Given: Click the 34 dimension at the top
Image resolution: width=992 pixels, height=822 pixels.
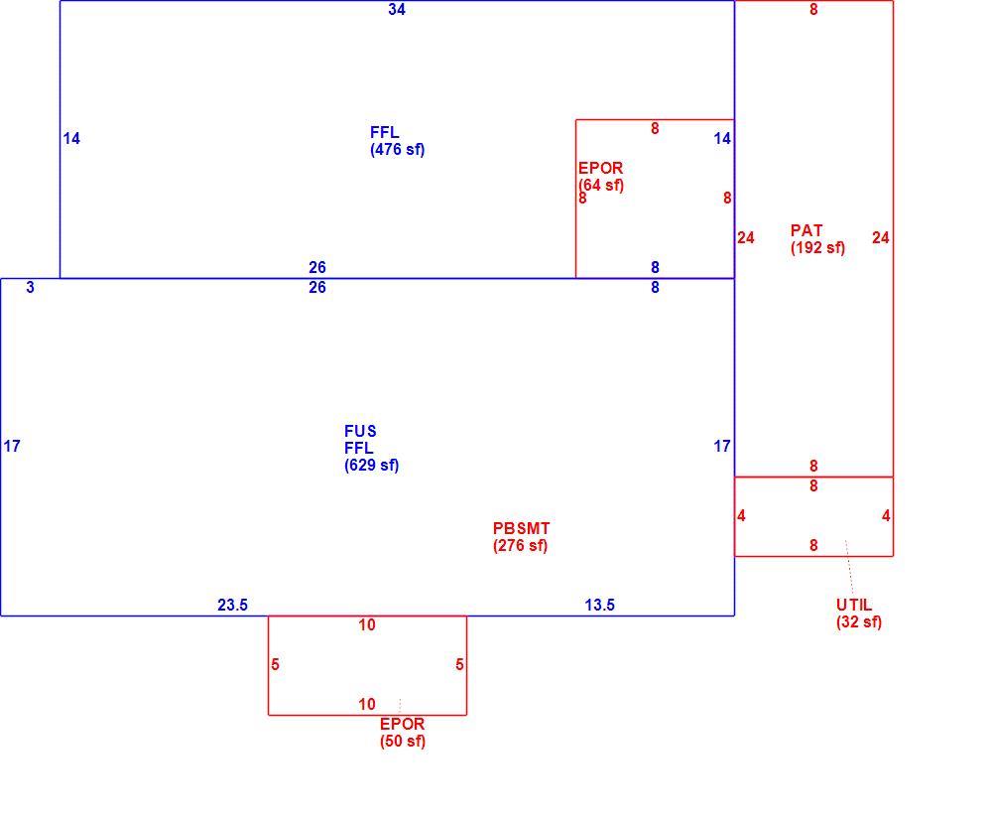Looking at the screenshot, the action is click(397, 10).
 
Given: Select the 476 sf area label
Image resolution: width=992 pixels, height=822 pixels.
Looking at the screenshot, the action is click(398, 150).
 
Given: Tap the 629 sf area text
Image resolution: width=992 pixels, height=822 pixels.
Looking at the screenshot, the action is click(371, 466).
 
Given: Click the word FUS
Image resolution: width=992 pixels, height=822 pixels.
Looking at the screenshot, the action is click(360, 431).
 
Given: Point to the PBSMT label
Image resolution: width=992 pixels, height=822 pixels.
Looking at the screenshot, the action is click(522, 528).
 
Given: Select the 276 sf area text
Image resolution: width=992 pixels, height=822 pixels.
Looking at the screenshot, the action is click(520, 546).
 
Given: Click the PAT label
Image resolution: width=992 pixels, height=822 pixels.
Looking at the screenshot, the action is click(806, 230).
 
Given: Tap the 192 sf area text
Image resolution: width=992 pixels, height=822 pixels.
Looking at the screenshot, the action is click(817, 247).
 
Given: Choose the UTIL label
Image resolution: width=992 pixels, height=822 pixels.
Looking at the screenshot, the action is click(854, 605).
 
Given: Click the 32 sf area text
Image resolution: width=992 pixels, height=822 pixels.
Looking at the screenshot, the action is click(858, 621).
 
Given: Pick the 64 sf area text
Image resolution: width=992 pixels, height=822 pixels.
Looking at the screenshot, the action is click(601, 186).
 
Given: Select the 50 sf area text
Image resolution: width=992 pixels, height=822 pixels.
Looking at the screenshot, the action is click(403, 741).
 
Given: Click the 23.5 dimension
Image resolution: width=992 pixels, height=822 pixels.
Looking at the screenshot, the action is click(233, 606).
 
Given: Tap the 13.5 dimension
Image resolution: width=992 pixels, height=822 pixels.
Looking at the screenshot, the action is click(600, 606).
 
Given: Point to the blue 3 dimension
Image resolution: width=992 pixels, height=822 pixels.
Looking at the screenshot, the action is click(31, 288).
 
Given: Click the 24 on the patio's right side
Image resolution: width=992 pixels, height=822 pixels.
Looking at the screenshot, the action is click(881, 238).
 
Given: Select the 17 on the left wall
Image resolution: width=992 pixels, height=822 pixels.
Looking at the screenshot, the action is click(12, 447).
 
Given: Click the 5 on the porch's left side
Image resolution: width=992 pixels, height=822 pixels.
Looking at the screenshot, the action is click(275, 665).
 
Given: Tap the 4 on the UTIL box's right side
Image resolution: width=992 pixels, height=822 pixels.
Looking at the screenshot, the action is click(886, 516).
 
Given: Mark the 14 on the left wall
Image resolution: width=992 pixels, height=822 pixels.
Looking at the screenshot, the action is click(71, 139).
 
